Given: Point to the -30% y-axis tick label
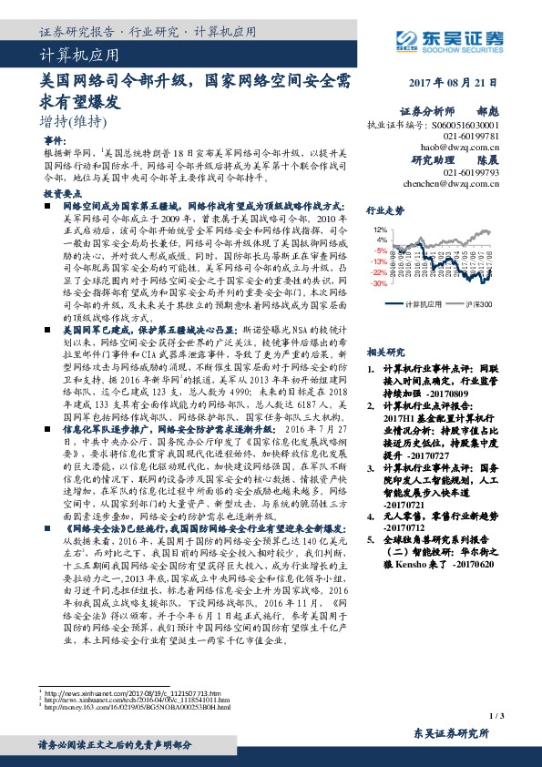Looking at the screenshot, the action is click(378, 283).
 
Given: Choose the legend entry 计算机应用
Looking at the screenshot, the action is click(423, 303).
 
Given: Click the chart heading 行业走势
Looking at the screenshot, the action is click(385, 210).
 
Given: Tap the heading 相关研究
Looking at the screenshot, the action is click(385, 352).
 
